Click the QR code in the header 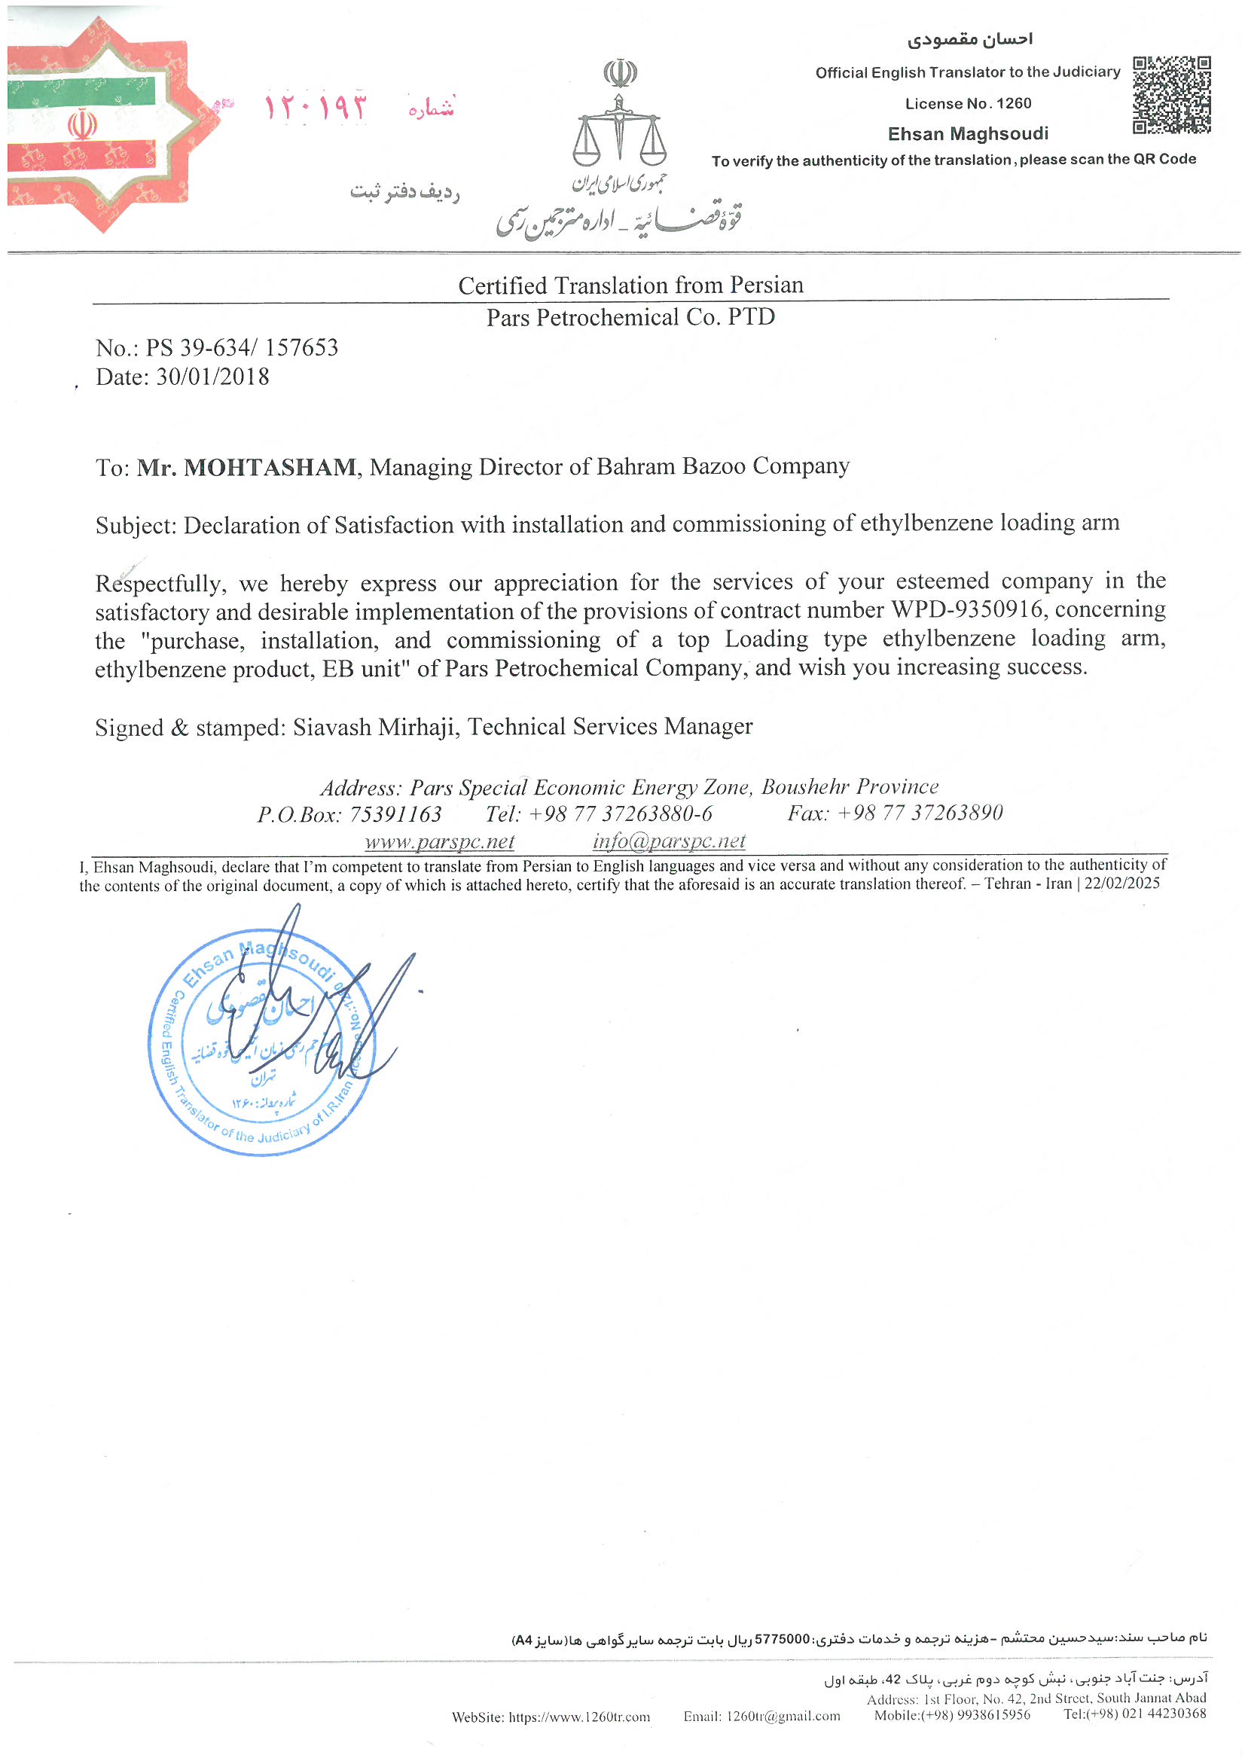(x=1171, y=95)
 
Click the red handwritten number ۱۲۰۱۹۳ (x=316, y=107)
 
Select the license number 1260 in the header (x=1013, y=103)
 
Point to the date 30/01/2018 (x=212, y=377)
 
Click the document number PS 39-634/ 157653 (x=242, y=348)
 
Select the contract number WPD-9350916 (x=966, y=610)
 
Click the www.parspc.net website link (x=440, y=841)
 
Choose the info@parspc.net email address (x=669, y=841)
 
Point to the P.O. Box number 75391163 (x=395, y=813)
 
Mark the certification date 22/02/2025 (x=1121, y=884)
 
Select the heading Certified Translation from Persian (x=630, y=285)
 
